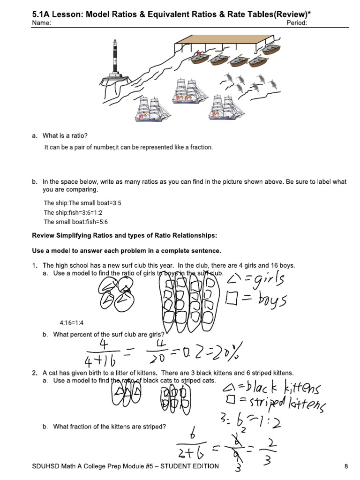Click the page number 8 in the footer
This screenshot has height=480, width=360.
(x=346, y=466)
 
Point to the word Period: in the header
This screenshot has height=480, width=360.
(x=296, y=23)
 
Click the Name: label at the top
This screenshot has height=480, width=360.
(x=42, y=23)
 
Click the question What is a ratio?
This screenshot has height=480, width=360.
(x=65, y=136)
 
